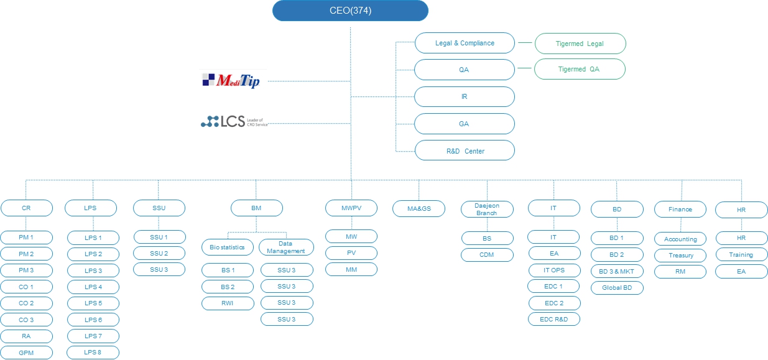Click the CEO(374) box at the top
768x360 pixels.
tap(350, 11)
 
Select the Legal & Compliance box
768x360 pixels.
tap(465, 43)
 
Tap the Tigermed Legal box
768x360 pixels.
tap(580, 44)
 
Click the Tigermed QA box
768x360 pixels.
tap(580, 69)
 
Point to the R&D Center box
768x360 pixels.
tap(465, 150)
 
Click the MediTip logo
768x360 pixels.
tap(232, 80)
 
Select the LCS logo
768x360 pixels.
tap(234, 121)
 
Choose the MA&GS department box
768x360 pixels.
tap(419, 209)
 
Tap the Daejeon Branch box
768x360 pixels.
tap(487, 209)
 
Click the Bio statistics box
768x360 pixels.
tap(228, 247)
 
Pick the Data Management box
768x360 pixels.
tap(286, 247)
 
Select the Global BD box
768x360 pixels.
tap(616, 288)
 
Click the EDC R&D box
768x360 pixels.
tap(554, 319)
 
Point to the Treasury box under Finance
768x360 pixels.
tap(680, 256)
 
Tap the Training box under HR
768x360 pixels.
tap(741, 255)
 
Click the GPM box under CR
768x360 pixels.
tap(26, 353)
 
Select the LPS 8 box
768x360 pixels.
tap(93, 353)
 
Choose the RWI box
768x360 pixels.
tap(228, 303)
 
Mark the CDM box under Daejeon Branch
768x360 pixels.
tap(487, 254)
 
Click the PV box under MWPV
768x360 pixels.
tap(351, 253)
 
